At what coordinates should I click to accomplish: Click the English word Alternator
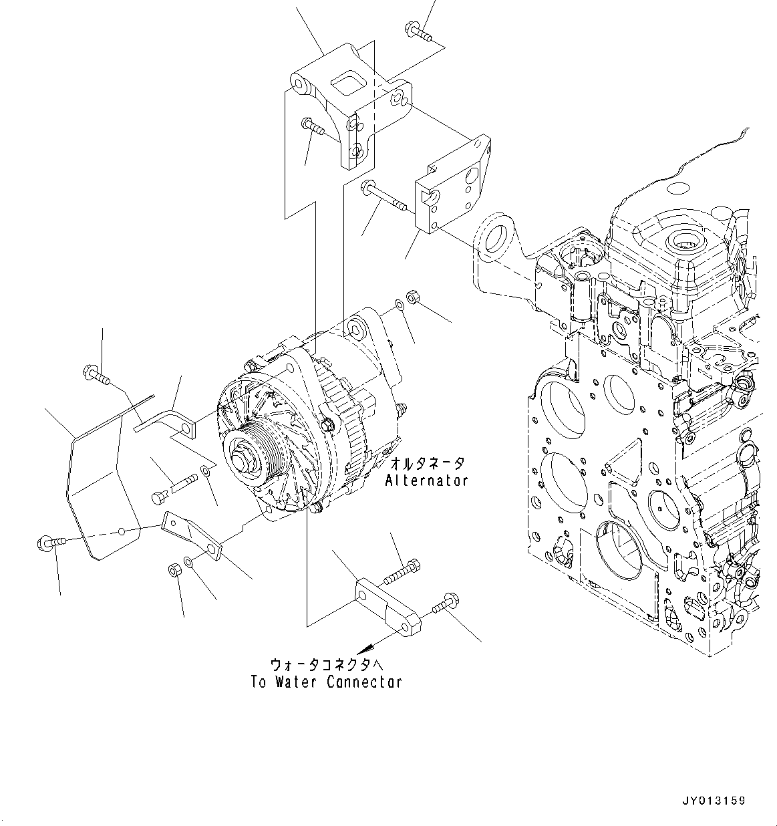[426, 480]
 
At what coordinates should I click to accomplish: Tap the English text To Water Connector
[327, 682]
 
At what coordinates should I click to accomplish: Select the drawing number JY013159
[714, 801]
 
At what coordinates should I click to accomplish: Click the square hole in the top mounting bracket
[348, 85]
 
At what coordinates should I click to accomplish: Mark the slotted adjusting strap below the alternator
[194, 535]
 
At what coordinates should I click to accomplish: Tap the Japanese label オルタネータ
[426, 462]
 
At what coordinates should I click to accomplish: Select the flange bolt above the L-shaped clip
[96, 374]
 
